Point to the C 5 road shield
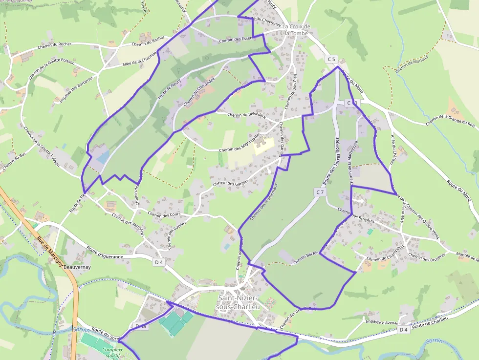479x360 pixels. tap(332, 59)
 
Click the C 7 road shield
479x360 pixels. tap(320, 192)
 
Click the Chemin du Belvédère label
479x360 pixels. tap(246, 115)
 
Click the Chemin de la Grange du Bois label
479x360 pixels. tap(450, 120)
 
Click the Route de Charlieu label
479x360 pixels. tap(430, 324)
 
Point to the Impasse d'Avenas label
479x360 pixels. tap(382, 321)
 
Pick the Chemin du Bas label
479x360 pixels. tap(13, 162)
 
